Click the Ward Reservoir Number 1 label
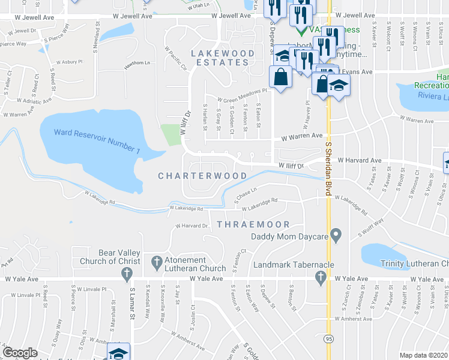(x=96, y=140)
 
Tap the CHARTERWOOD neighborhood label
(x=202, y=176)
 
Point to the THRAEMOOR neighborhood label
(x=253, y=224)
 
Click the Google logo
(x=20, y=353)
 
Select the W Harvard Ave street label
(x=360, y=160)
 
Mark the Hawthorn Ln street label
(x=137, y=62)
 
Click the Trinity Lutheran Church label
(x=414, y=263)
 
